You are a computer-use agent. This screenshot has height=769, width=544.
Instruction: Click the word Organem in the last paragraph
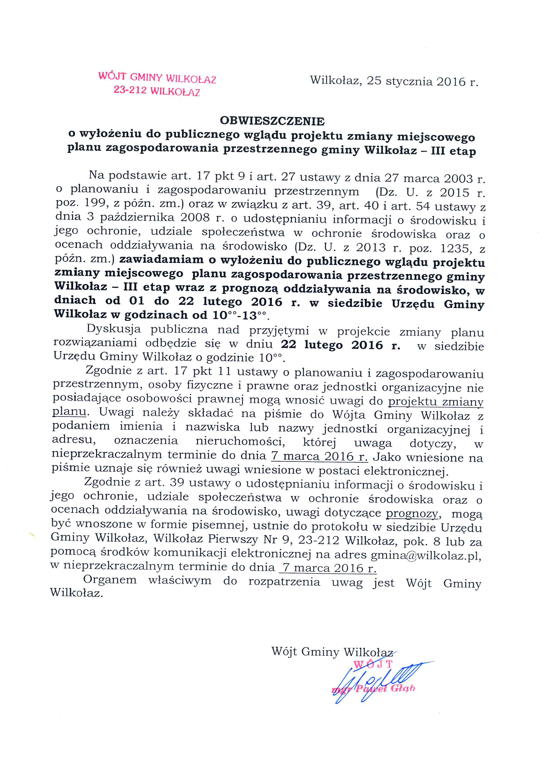click(x=110, y=580)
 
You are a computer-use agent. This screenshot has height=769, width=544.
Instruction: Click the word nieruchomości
click(x=240, y=442)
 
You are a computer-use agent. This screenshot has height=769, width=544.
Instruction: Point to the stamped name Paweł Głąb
click(x=385, y=689)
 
